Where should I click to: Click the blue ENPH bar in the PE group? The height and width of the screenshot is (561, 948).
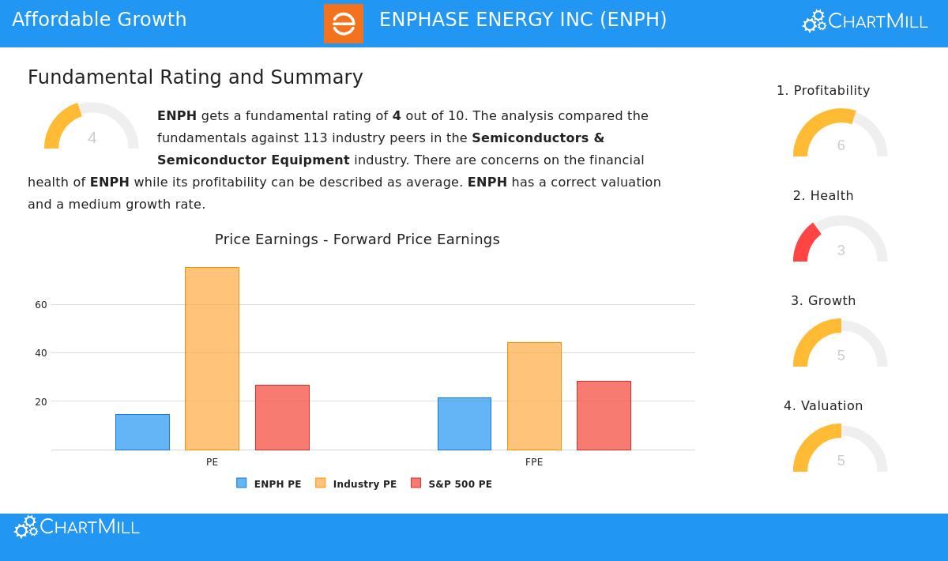[x=142, y=432]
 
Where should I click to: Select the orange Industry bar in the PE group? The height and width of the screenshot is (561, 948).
[x=212, y=359]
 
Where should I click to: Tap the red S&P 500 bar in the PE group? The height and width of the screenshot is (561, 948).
[x=282, y=417]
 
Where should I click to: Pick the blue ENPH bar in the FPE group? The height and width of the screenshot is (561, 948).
[x=465, y=424]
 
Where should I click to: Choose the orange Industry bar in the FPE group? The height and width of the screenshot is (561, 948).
[x=534, y=396]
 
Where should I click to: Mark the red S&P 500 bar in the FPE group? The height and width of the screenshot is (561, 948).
[x=604, y=416]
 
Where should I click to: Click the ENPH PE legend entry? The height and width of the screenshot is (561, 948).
[x=269, y=484]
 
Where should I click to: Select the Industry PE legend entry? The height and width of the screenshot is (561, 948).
[x=355, y=484]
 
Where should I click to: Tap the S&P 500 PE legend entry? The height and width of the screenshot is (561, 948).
[x=451, y=484]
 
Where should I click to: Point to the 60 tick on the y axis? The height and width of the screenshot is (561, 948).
[x=41, y=305]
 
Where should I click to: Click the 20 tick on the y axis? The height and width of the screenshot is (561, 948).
[x=41, y=401]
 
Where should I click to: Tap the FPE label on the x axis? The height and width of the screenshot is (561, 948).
[x=534, y=462]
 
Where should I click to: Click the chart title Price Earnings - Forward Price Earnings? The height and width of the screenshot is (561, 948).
[x=357, y=239]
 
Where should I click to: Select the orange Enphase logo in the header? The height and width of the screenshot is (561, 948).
[x=344, y=24]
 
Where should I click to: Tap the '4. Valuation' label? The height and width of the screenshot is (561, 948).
[x=823, y=406]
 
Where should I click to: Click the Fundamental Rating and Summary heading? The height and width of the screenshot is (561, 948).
[x=195, y=77]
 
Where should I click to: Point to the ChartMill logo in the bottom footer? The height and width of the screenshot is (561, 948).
[x=77, y=527]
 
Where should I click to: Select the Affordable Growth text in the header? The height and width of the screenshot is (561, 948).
[x=100, y=20]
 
